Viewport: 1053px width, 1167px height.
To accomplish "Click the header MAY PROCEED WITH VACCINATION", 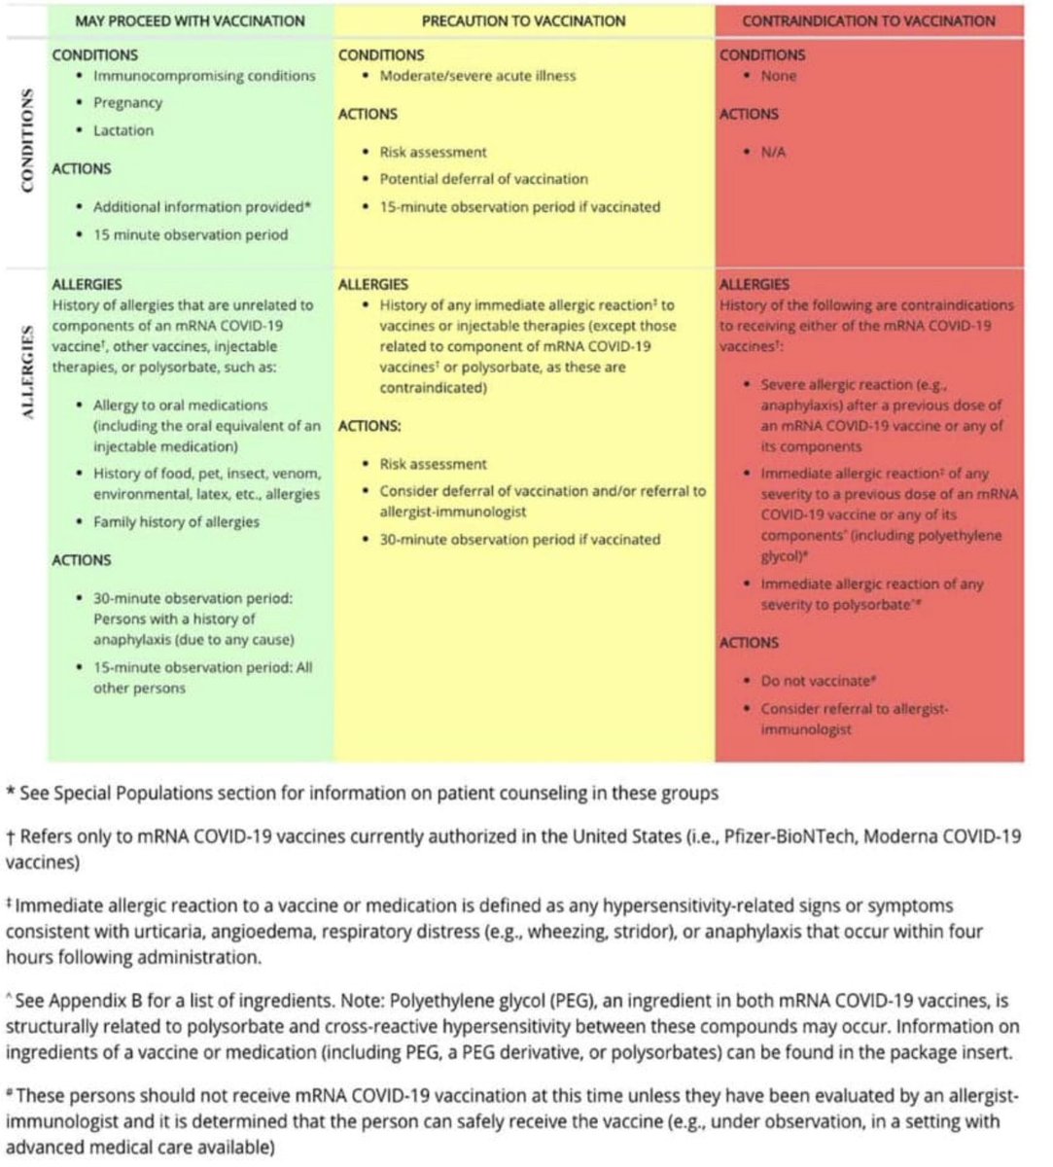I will click(190, 20).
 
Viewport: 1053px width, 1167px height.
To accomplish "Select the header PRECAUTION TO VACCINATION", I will click(524, 20).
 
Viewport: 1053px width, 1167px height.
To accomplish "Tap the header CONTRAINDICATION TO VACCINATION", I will click(868, 20).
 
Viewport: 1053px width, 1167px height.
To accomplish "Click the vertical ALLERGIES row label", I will click(27, 372).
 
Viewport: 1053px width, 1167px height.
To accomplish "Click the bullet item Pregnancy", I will click(127, 103).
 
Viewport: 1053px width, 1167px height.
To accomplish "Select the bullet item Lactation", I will click(123, 130).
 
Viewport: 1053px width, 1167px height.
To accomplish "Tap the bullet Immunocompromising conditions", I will click(203, 76).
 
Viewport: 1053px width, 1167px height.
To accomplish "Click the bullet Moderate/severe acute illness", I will click(477, 76).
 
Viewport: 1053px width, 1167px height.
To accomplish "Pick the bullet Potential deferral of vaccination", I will click(483, 179).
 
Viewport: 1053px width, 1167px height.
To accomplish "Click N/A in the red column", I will click(773, 153).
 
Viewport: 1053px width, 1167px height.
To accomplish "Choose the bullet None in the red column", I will click(778, 76).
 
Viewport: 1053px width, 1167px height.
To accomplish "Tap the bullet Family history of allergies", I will click(176, 522).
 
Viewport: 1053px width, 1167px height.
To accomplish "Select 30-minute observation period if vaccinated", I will click(519, 540).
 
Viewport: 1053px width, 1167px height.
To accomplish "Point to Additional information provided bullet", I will click(202, 207).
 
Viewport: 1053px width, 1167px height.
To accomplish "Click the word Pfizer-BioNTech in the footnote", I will click(790, 836).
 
